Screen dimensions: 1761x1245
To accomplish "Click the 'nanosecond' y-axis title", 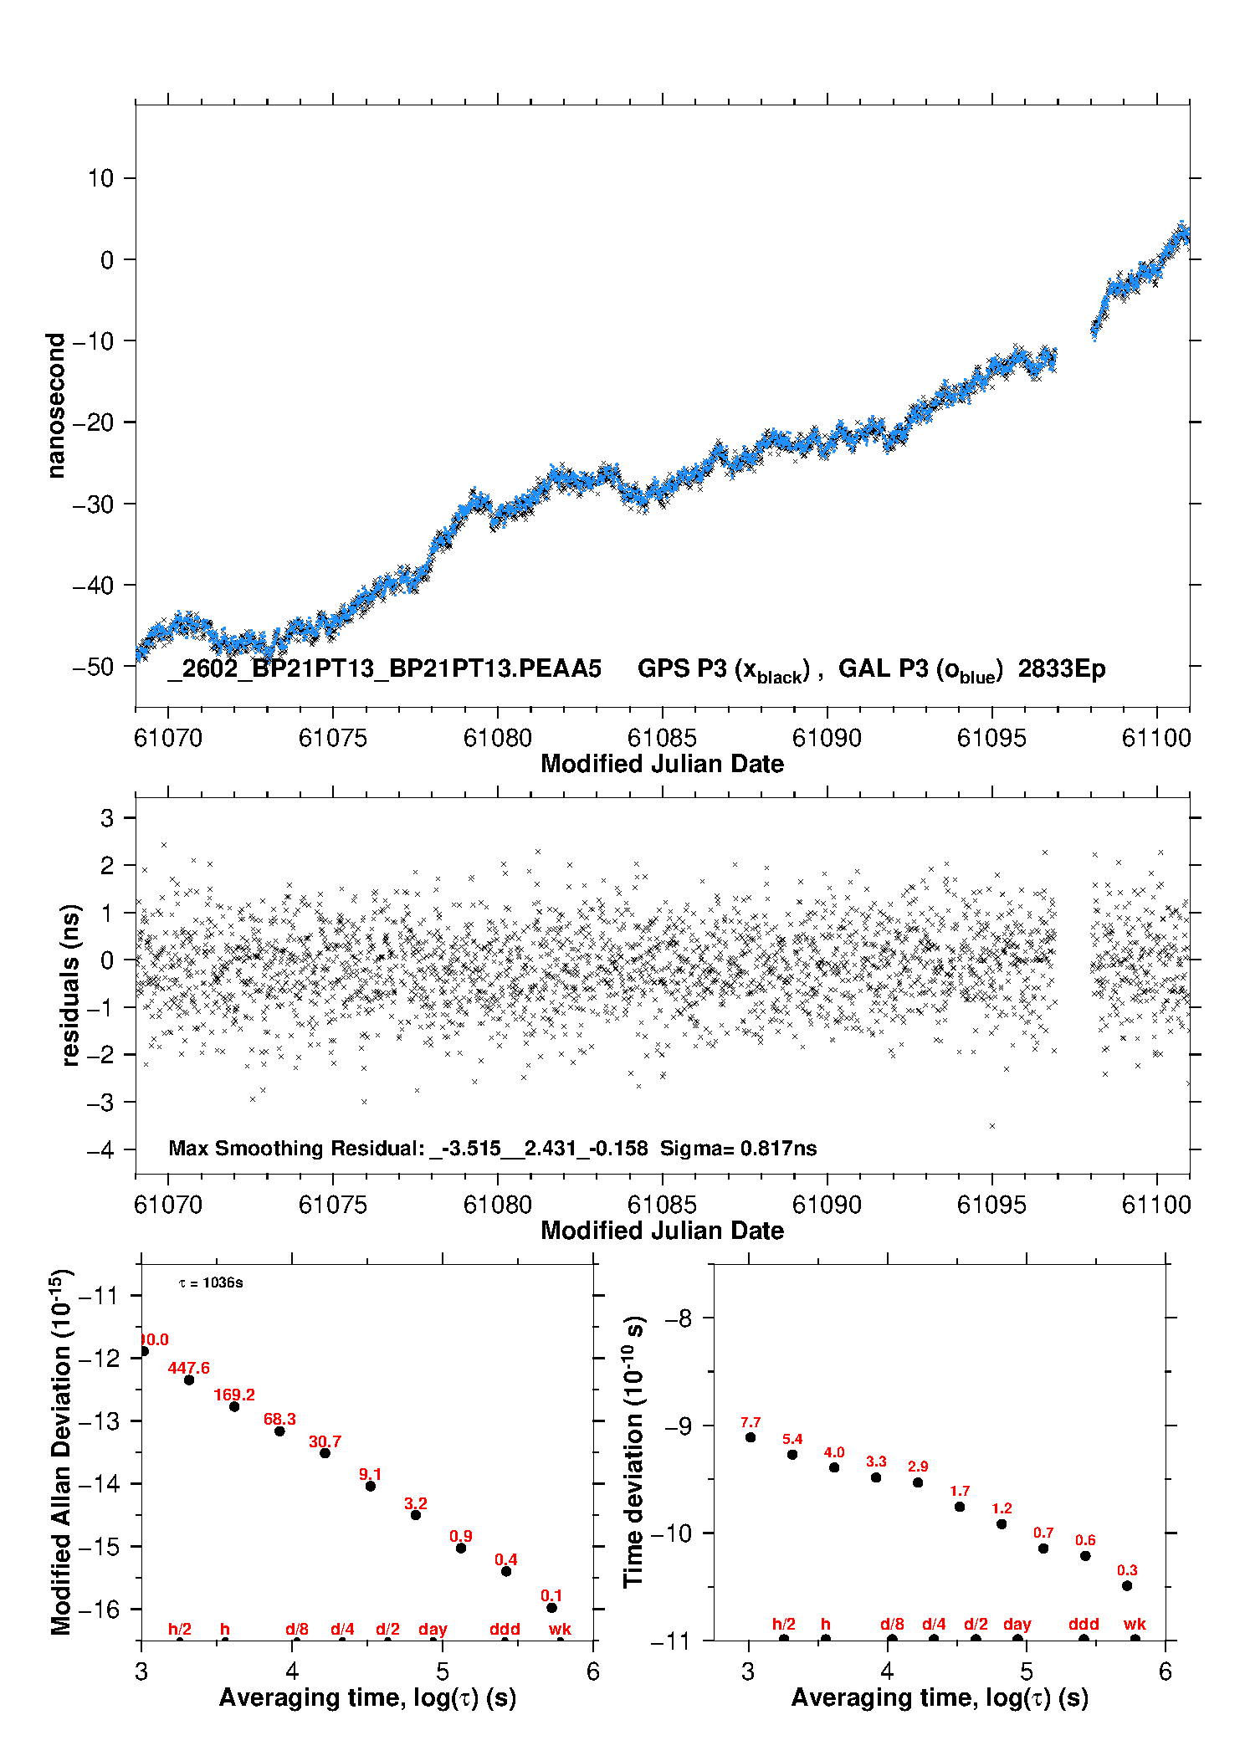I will tap(55, 406).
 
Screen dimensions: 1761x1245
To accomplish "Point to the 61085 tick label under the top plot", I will tap(661, 738).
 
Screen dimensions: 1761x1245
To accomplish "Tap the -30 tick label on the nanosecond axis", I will tap(93, 504).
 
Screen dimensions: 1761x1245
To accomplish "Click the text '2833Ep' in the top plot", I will tap(1061, 669).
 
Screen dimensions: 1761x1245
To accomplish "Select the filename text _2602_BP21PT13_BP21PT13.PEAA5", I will tap(384, 669).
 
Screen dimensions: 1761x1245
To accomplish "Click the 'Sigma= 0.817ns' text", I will tap(738, 1149).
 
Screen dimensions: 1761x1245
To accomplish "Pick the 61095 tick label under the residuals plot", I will tap(991, 1205).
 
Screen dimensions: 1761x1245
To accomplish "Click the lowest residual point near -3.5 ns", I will tap(992, 1126).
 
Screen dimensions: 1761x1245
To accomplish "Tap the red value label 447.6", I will tap(188, 1368).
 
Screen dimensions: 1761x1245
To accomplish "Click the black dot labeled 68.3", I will tap(279, 1431).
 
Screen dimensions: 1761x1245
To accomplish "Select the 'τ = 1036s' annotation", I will tap(211, 1283).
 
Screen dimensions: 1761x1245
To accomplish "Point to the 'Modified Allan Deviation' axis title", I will tap(60, 1451).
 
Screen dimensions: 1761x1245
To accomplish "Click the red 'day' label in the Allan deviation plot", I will tap(433, 1630).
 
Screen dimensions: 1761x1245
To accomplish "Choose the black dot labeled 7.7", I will tap(751, 1437).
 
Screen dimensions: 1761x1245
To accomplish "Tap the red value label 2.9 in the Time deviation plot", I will tap(918, 1467).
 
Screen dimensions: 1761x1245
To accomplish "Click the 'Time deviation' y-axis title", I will tap(633, 1451).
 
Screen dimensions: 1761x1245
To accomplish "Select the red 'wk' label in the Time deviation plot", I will tap(1135, 1625).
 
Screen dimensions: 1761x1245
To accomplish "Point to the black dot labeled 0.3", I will tap(1127, 1586).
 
